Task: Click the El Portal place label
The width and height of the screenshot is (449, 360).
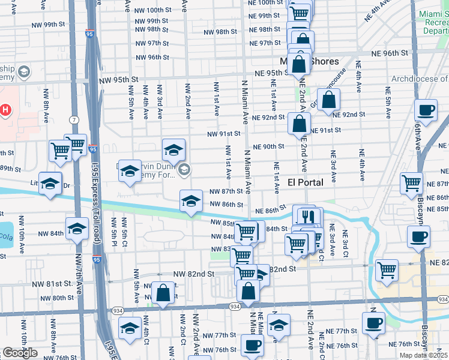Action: (x=306, y=182)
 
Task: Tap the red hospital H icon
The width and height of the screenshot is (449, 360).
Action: (x=5, y=110)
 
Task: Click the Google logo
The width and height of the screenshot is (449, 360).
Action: (x=20, y=353)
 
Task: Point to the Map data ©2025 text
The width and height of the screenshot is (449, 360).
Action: (x=424, y=355)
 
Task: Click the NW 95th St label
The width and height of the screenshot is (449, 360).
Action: (x=119, y=80)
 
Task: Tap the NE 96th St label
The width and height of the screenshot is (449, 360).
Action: (x=388, y=53)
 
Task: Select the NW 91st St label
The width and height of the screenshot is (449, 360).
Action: (x=224, y=134)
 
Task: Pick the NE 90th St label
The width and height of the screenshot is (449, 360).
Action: (x=268, y=146)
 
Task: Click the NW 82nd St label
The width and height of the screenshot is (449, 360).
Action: (x=194, y=274)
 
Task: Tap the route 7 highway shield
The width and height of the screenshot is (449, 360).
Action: (x=73, y=119)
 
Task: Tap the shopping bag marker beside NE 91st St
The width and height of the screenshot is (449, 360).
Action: (x=299, y=124)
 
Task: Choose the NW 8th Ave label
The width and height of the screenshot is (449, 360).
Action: (x=46, y=106)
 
